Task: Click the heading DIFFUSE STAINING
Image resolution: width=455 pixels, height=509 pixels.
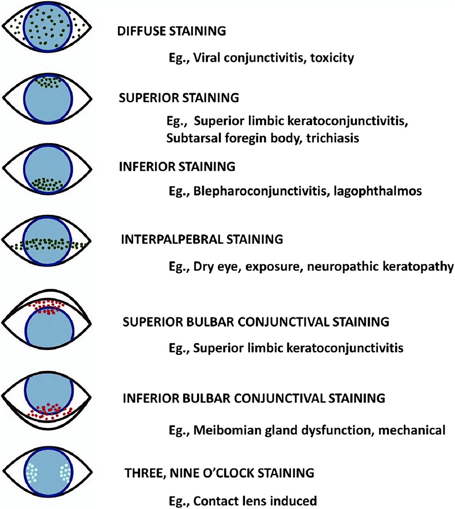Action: click(172, 31)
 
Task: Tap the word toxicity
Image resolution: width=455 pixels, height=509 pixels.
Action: click(332, 58)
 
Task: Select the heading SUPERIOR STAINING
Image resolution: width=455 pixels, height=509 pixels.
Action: click(179, 98)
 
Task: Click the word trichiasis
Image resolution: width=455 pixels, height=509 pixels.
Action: click(333, 138)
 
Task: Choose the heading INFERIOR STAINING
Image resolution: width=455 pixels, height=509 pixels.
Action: click(177, 167)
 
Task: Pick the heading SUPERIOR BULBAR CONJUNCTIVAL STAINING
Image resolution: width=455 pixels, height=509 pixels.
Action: click(256, 322)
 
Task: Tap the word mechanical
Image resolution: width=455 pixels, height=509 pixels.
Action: click(412, 430)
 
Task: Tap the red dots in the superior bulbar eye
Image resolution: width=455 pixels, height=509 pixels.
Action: click(47, 306)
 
